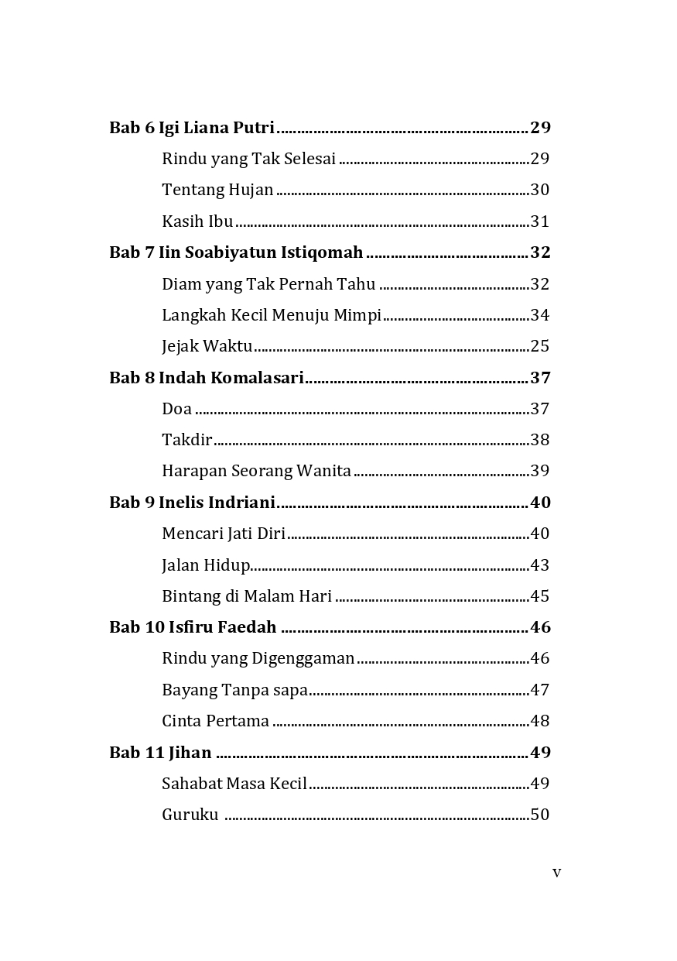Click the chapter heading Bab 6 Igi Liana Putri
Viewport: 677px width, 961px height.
tap(192, 128)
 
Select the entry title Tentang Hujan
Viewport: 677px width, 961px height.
tap(217, 190)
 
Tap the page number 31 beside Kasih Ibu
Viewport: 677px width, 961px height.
tap(540, 221)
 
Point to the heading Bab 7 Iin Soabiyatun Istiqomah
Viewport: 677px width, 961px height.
tap(236, 252)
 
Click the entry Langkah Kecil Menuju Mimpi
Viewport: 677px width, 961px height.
tap(272, 315)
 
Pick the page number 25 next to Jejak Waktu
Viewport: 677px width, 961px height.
tap(540, 346)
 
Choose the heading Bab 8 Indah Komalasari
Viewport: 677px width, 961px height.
tap(206, 378)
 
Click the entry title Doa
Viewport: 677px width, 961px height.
tap(177, 409)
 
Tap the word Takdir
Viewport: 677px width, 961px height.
tap(186, 440)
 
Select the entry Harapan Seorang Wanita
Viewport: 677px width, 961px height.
tap(256, 471)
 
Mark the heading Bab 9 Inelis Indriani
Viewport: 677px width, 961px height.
tap(192, 503)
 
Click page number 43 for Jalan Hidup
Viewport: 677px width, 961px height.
tap(540, 565)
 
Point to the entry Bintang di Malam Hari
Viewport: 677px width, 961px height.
tap(247, 596)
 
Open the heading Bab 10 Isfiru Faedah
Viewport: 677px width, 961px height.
tap(193, 627)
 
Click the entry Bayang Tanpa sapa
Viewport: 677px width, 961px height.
tap(234, 690)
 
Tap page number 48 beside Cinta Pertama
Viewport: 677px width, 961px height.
tap(540, 721)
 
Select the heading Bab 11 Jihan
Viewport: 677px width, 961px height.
tap(160, 753)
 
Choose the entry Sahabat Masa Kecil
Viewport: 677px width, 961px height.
tap(234, 784)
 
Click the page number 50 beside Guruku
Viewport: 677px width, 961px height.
tap(540, 815)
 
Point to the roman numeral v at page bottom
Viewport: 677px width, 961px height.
tap(556, 873)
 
